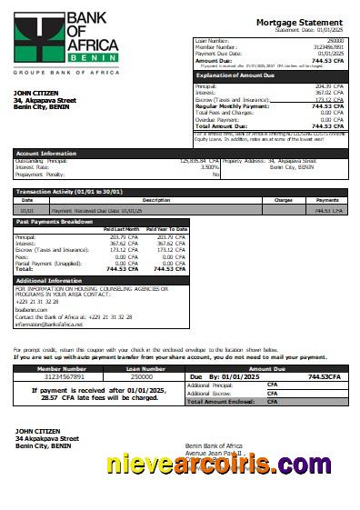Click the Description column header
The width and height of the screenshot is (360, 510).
[x=130, y=200]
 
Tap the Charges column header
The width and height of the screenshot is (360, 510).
[x=283, y=200]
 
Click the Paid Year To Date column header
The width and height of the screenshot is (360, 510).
[x=166, y=229]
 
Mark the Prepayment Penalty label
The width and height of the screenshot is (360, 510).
[x=42, y=174]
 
